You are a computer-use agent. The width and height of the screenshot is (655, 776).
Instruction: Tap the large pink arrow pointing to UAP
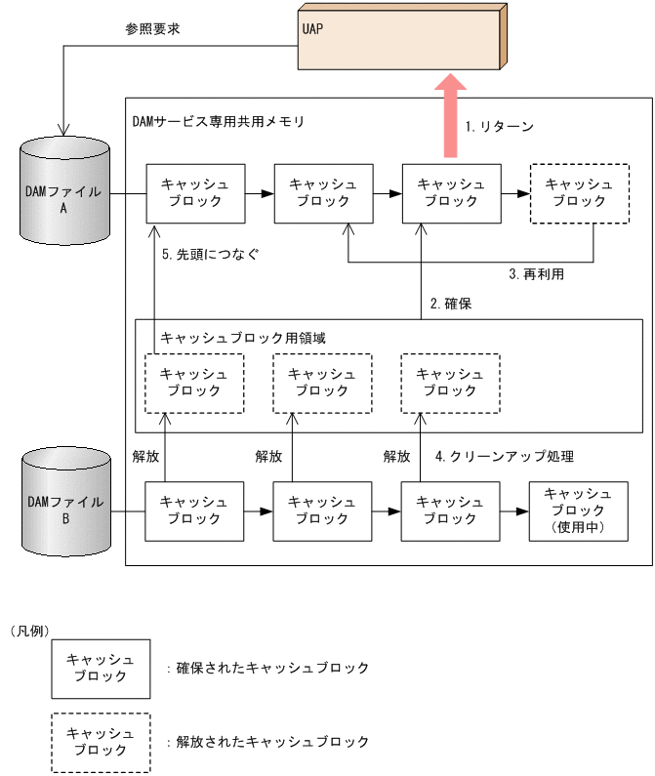[x=451, y=116]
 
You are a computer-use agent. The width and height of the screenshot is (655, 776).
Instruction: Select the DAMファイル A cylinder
[x=66, y=190]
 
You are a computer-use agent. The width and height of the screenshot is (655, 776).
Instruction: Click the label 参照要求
[x=153, y=29]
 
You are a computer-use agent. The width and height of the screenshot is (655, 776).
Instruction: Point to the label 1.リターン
[x=499, y=127]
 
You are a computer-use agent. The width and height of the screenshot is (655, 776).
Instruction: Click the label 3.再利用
[x=536, y=274]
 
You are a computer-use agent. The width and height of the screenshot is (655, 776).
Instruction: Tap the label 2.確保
[x=451, y=304]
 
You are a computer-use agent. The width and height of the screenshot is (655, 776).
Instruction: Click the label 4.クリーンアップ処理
[x=504, y=456]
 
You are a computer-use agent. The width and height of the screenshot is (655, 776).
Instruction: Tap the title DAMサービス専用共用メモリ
[x=218, y=122]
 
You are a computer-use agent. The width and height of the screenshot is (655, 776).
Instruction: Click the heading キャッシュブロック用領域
[x=242, y=337]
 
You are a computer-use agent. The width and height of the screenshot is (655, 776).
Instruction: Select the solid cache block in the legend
[x=101, y=669]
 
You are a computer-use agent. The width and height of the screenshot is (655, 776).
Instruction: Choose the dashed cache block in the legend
[x=101, y=742]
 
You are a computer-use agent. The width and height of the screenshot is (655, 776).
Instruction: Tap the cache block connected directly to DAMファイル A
[x=193, y=193]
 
